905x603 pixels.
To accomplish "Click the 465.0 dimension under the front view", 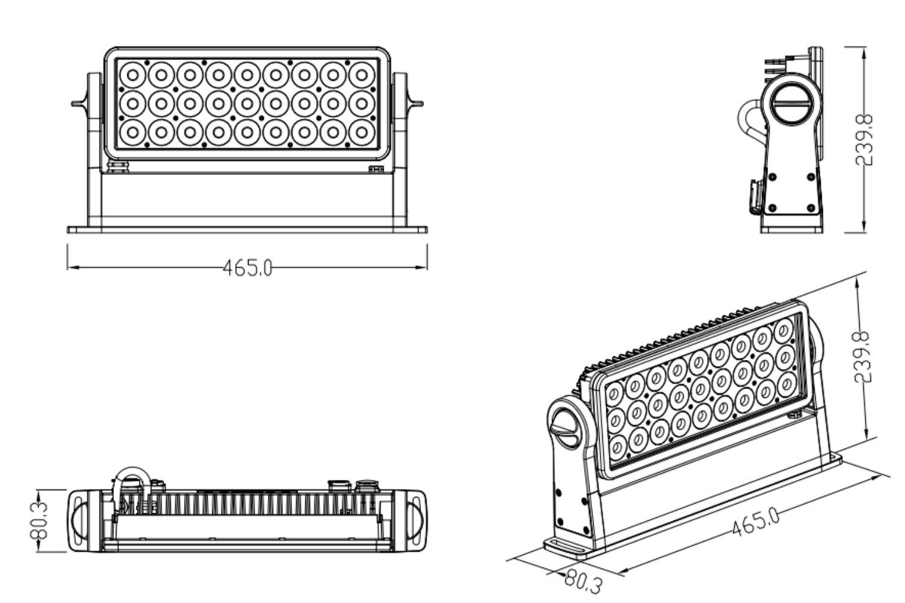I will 247,268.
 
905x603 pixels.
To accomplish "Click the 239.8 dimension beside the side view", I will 865,140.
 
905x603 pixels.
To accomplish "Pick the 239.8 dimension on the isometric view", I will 863,356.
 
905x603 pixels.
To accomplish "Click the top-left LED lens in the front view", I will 132,75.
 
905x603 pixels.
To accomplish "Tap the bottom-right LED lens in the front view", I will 361,132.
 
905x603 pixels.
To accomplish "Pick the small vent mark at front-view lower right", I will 376,169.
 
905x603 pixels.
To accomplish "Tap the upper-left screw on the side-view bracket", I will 772,177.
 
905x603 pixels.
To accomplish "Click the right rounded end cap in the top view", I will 417,520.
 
